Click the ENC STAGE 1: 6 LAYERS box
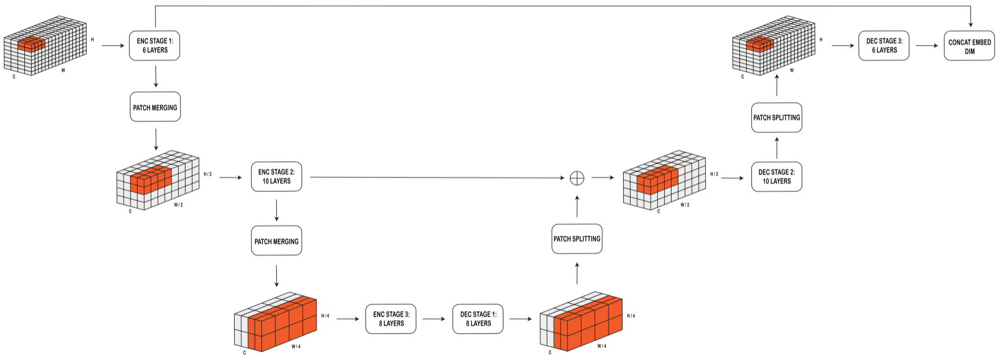[x=154, y=46]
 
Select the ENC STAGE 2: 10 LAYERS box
[x=276, y=176]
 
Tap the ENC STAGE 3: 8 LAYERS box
[x=391, y=319]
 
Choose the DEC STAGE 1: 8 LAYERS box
[x=478, y=319]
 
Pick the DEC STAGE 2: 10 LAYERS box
[x=776, y=176]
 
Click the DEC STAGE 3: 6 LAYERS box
[x=884, y=46]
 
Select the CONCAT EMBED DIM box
[x=969, y=46]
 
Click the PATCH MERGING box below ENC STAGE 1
[x=155, y=107]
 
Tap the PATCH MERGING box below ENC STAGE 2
[x=276, y=241]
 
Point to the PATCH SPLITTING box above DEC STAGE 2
[x=776, y=117]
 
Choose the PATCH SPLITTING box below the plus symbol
[x=577, y=239]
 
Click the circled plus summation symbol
[x=577, y=178]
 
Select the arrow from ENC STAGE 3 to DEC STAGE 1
[x=433, y=319]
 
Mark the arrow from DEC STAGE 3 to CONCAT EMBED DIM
[x=926, y=46]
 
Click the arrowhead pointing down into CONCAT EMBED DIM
[x=970, y=25]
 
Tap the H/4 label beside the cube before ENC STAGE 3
[x=325, y=316]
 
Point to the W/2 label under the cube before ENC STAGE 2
[x=178, y=205]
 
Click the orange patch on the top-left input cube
[x=31, y=45]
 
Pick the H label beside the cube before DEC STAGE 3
[x=821, y=40]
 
